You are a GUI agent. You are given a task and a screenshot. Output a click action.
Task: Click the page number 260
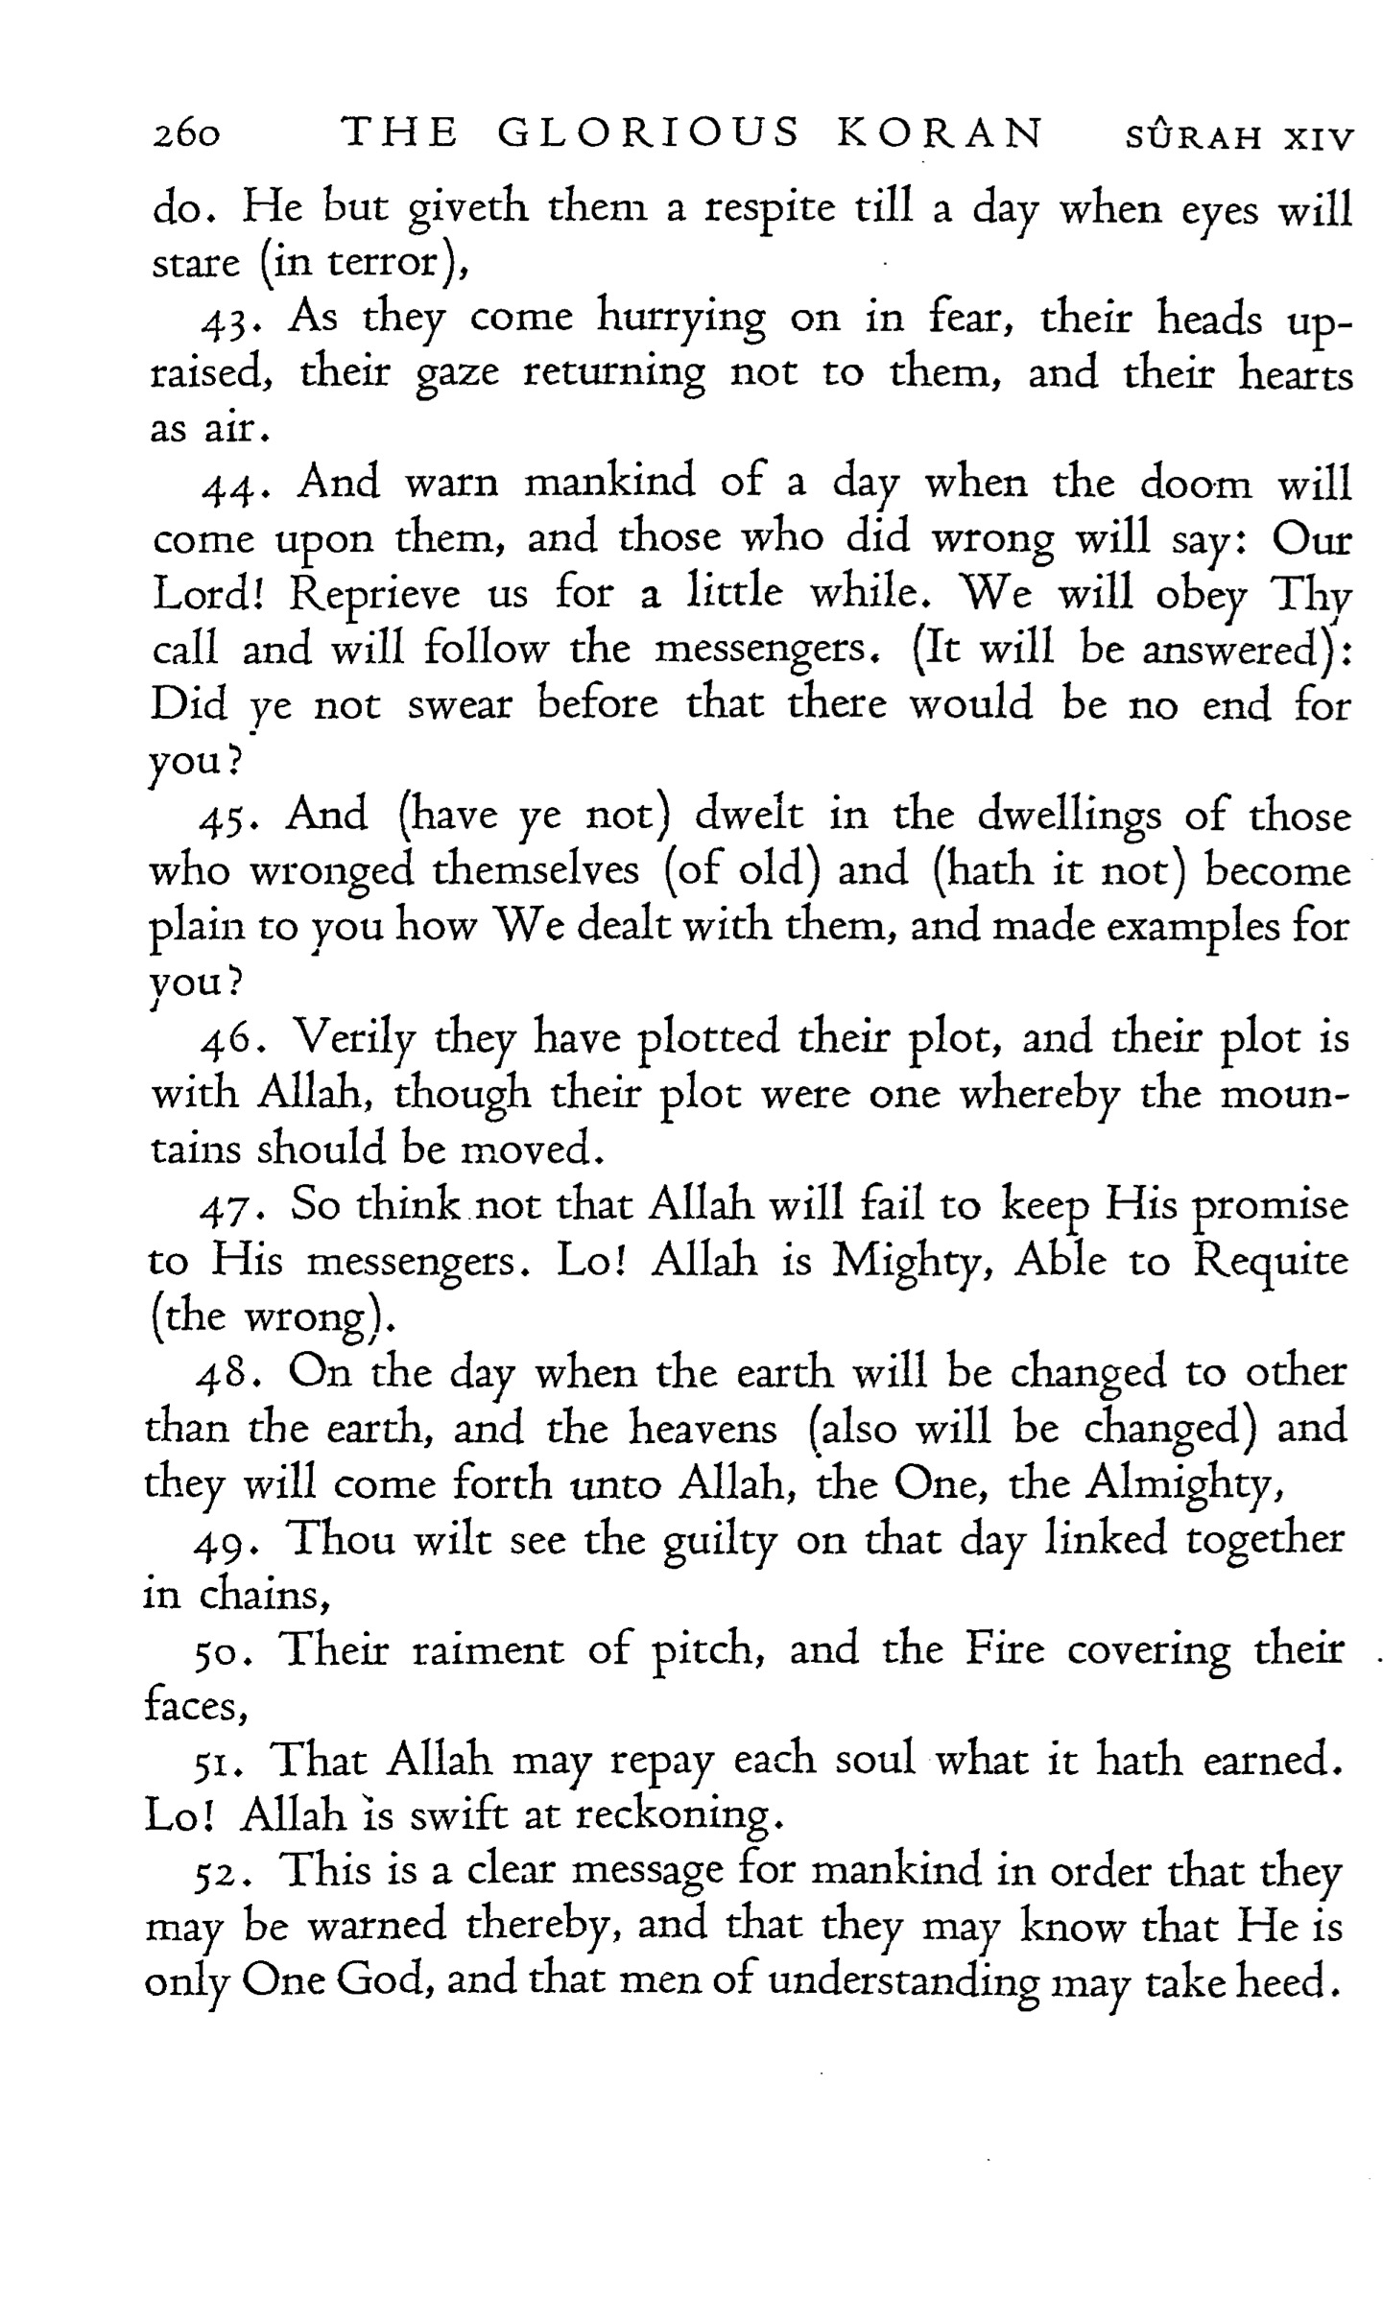point(187,136)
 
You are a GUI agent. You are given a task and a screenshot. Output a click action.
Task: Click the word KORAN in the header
point(940,134)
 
